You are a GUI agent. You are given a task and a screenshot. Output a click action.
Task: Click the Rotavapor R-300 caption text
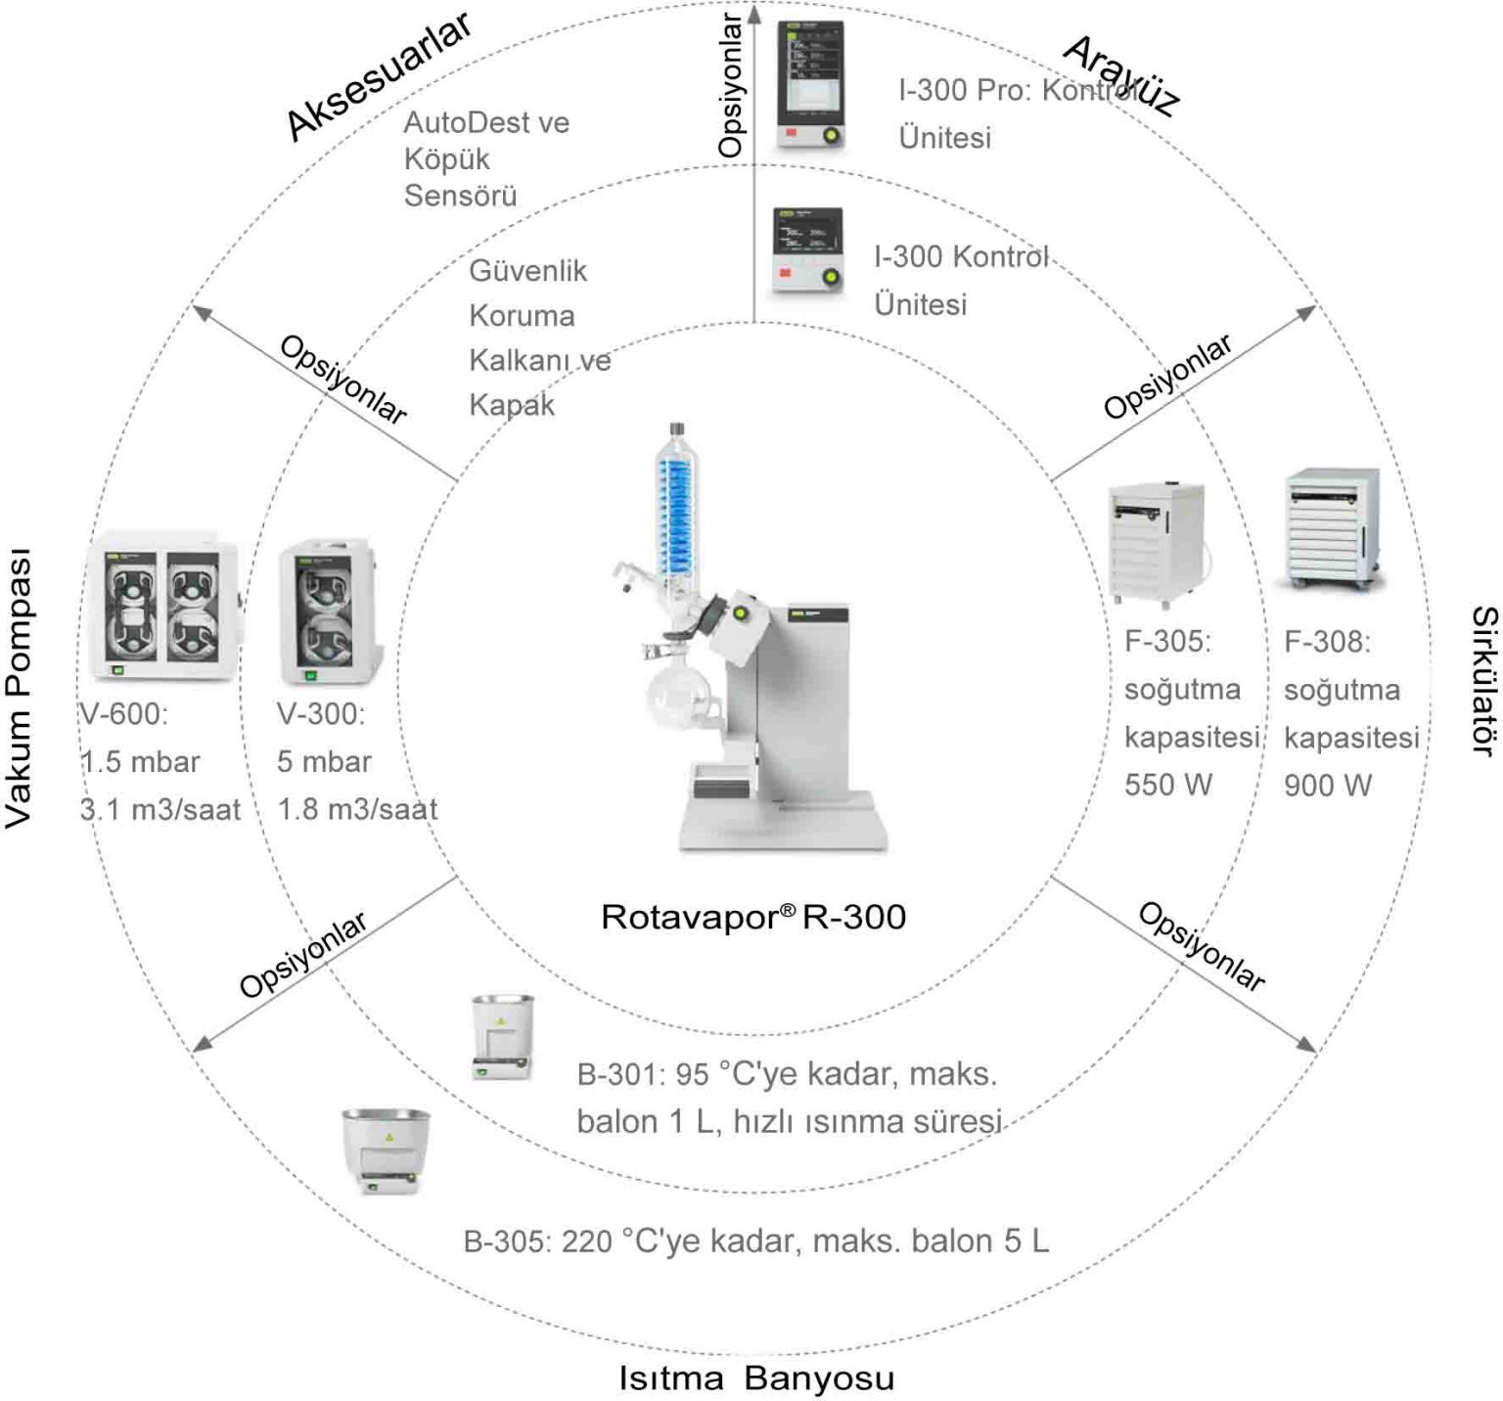752,917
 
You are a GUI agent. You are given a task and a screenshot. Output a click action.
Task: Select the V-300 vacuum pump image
324,611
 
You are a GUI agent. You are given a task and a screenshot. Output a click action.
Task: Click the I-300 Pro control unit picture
810,85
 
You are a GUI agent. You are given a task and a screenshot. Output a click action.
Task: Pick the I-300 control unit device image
807,251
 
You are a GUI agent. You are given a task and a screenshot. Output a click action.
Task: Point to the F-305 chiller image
1157,543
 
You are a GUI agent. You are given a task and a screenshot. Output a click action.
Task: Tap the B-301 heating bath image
502,1037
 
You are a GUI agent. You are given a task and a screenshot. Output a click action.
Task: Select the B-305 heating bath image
386,1151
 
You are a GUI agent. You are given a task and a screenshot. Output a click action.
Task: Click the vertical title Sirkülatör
1483,680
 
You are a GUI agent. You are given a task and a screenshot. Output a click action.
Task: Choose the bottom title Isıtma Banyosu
756,1378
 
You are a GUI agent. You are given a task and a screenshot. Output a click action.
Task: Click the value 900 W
1328,785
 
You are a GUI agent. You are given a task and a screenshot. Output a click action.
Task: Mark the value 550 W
1167,785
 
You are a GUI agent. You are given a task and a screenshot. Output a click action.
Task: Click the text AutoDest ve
486,122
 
